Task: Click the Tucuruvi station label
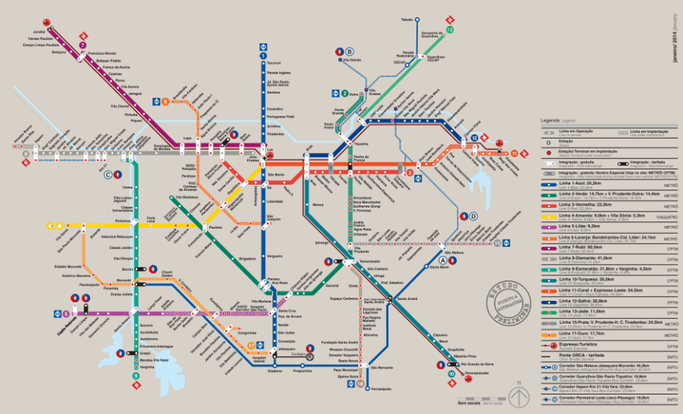point(273,63)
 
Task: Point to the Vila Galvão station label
point(352,60)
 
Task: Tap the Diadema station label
point(275,370)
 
